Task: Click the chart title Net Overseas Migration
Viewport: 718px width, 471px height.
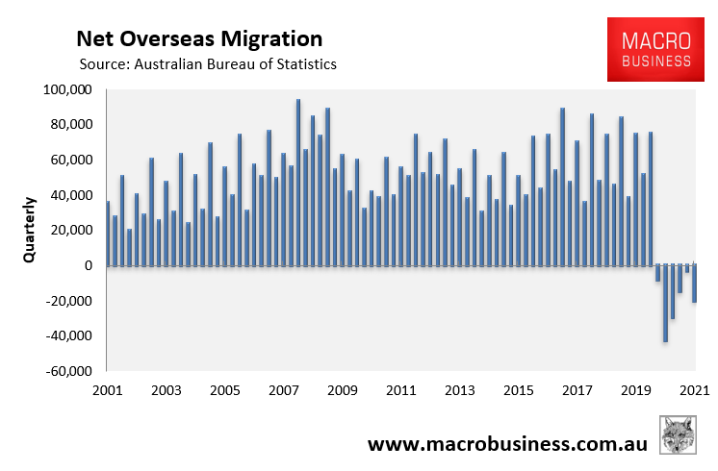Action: coord(199,39)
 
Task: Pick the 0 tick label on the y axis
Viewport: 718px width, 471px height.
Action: coord(87,266)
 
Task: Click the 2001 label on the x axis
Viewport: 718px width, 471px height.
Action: coord(107,391)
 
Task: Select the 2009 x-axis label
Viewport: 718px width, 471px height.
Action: coord(342,391)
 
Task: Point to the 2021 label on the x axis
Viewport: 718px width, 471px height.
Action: coord(693,391)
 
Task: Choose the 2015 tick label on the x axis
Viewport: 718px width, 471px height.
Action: coord(518,391)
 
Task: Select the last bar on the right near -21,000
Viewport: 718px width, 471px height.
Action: coord(694,285)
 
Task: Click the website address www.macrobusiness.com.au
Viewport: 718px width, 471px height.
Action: coord(507,444)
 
